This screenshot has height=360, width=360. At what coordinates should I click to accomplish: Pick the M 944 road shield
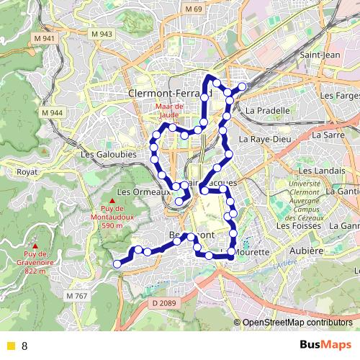point(53,113)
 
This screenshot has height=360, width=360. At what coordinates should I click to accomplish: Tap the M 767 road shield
point(76,296)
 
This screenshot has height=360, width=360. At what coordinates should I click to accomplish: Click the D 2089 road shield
point(163,303)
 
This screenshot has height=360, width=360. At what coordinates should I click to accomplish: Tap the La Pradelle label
point(268,111)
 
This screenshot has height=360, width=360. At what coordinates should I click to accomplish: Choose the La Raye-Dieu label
point(264,138)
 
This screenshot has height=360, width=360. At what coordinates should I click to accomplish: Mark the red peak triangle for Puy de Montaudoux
point(113,201)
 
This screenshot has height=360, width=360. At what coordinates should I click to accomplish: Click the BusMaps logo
point(325,345)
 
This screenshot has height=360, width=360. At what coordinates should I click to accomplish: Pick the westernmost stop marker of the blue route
point(117,264)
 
